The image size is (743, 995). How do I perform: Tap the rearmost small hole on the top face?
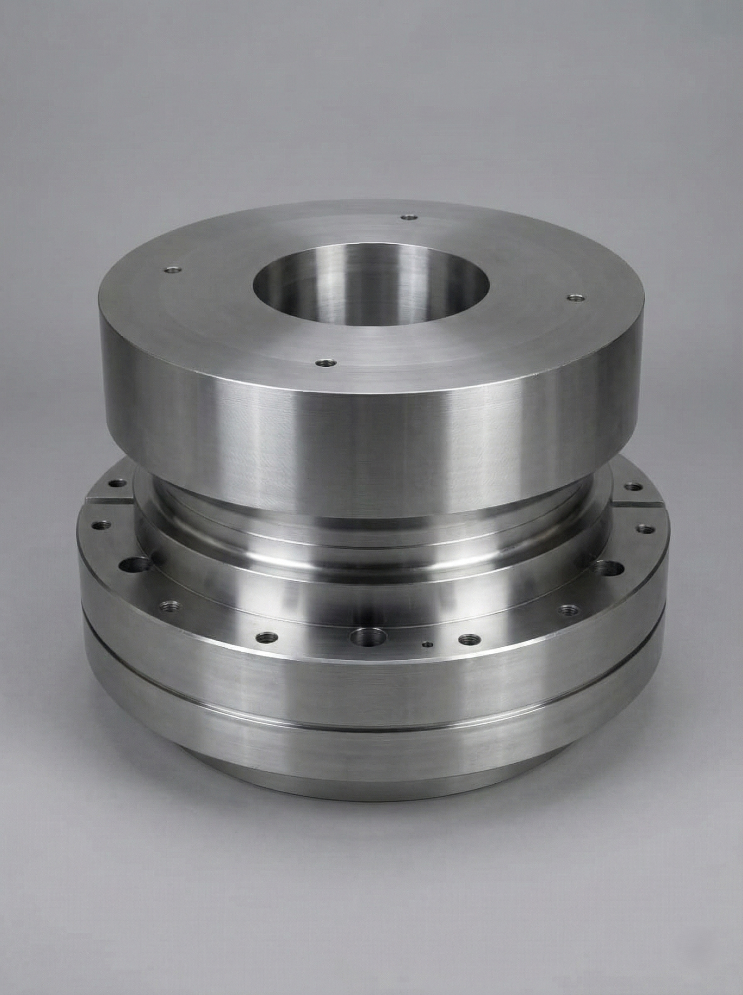point(409,217)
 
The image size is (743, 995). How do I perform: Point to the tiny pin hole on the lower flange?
point(428,644)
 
